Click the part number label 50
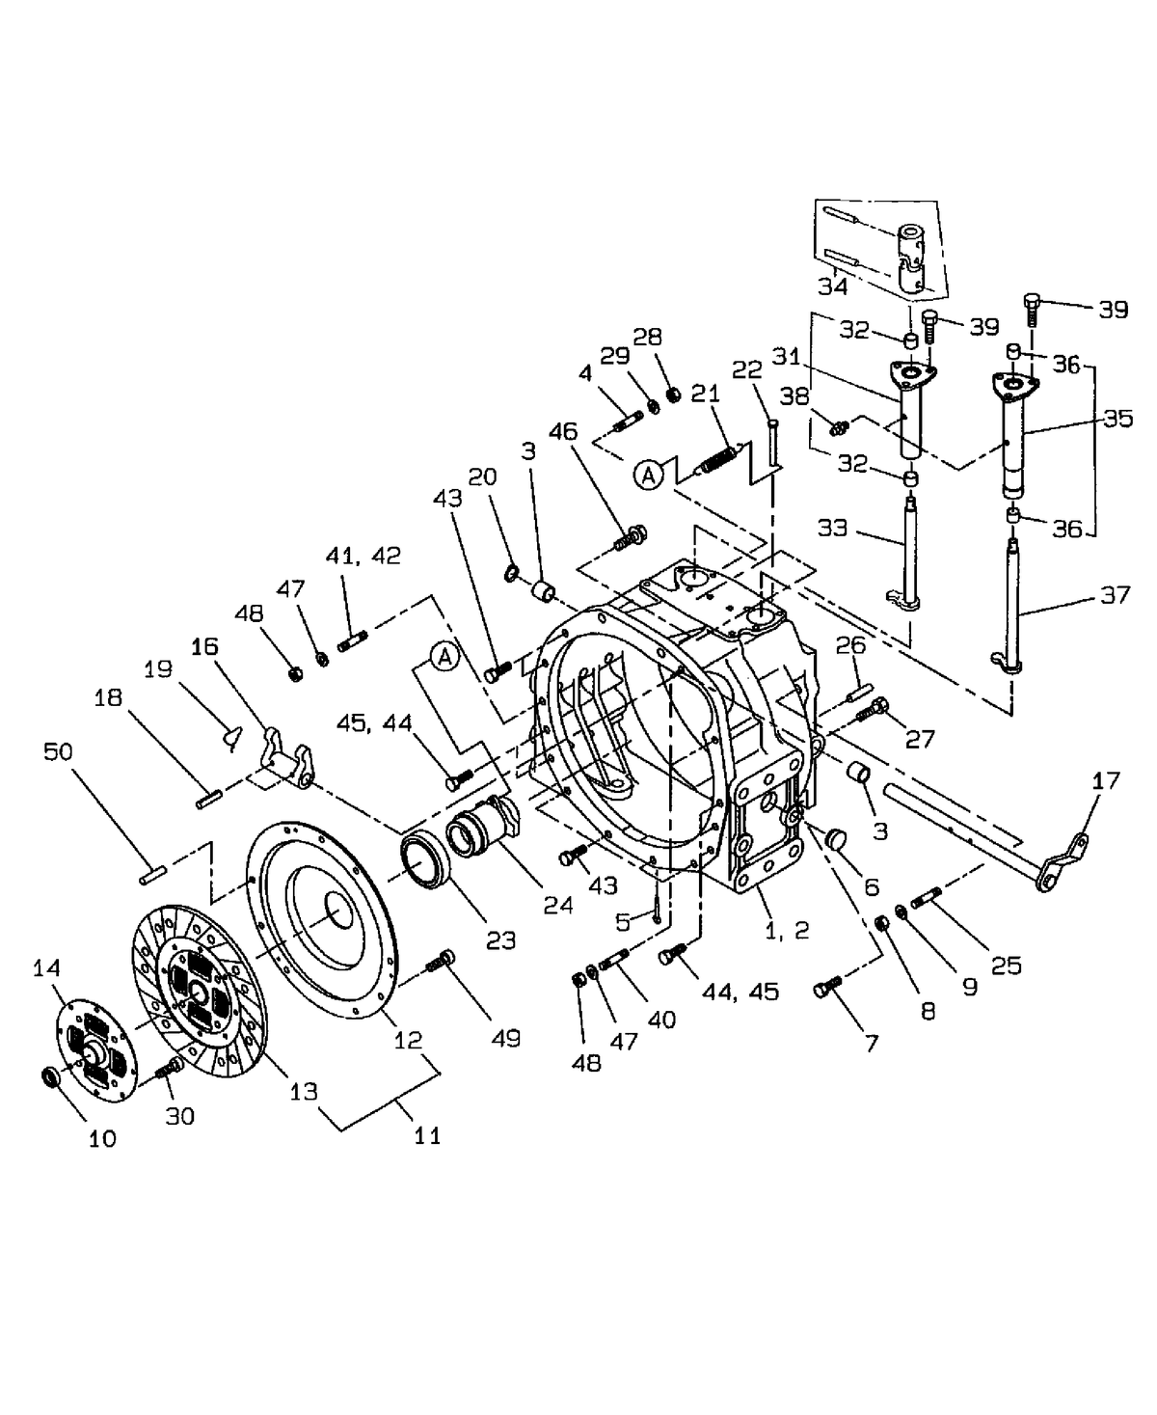58,750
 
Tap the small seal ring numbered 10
51,1075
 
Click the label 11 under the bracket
426,1135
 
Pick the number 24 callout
557,905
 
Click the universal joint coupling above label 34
909,256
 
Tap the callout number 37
1115,595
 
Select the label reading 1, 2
787,930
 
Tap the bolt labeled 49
441,963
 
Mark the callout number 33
832,528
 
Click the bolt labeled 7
826,987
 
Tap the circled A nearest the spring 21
650,474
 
